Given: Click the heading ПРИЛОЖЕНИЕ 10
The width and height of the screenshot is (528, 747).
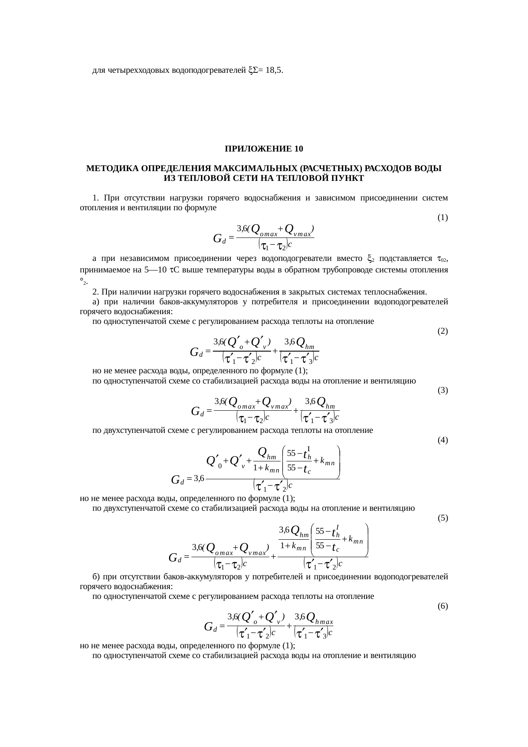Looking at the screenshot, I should click(x=264, y=149).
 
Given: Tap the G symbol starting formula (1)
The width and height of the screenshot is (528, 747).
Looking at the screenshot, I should click(x=218, y=238).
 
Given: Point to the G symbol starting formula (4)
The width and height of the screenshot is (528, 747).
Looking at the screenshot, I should click(x=175, y=481).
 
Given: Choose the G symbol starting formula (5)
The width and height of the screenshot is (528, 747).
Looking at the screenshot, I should click(x=173, y=557).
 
